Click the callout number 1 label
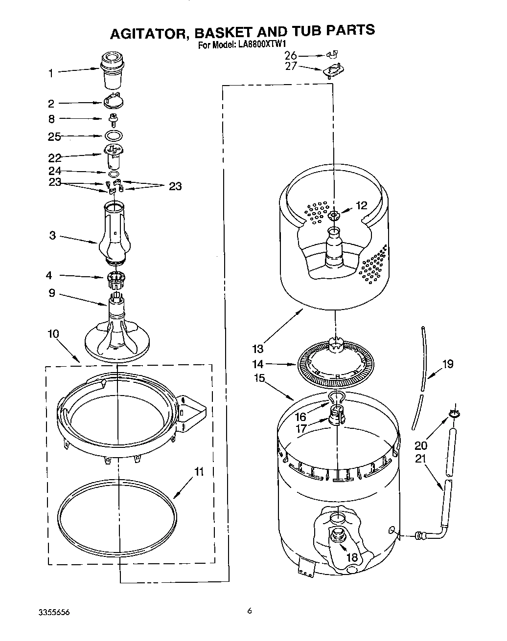click(50, 73)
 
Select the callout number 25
click(54, 136)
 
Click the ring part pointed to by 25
click(114, 135)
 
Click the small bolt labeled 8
click(113, 118)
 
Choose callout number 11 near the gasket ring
click(199, 472)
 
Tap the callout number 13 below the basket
click(258, 349)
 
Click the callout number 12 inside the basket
click(361, 205)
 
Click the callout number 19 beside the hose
click(447, 363)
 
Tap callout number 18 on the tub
click(352, 557)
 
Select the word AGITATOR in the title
click(149, 32)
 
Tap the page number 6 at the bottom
click(250, 610)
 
